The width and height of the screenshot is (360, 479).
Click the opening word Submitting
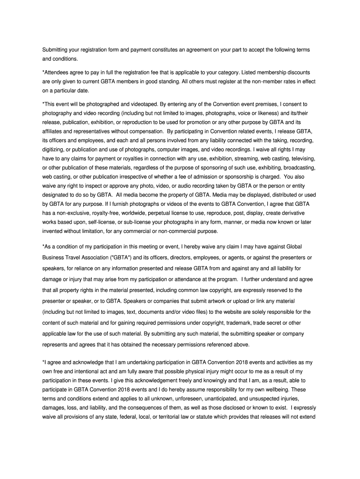click(56, 50)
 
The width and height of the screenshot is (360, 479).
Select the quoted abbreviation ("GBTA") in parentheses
click(120, 257)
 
